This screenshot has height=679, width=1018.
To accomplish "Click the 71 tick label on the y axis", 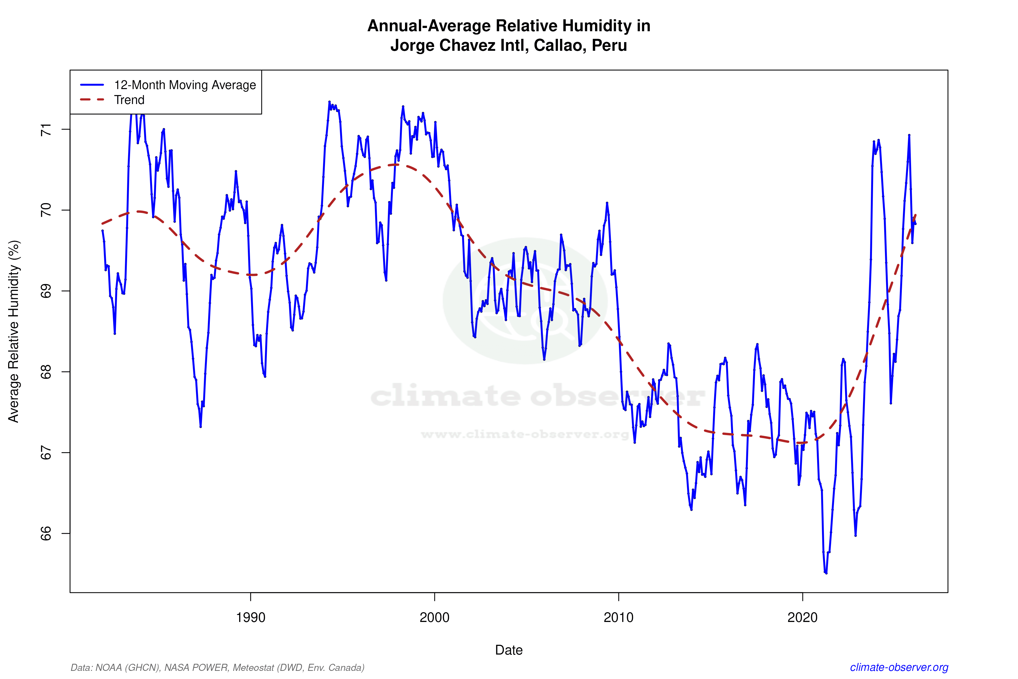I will pos(46,130).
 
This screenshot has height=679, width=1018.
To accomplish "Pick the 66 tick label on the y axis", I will pos(46,533).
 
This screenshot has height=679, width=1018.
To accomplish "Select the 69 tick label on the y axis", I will pos(46,291).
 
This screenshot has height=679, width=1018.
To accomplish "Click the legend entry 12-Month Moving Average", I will pos(185,85).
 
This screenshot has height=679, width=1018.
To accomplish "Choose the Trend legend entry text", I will pos(129,100).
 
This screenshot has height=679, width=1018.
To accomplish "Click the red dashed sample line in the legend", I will pos(92,100).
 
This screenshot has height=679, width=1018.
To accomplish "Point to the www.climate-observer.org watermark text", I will pos(524,434).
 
